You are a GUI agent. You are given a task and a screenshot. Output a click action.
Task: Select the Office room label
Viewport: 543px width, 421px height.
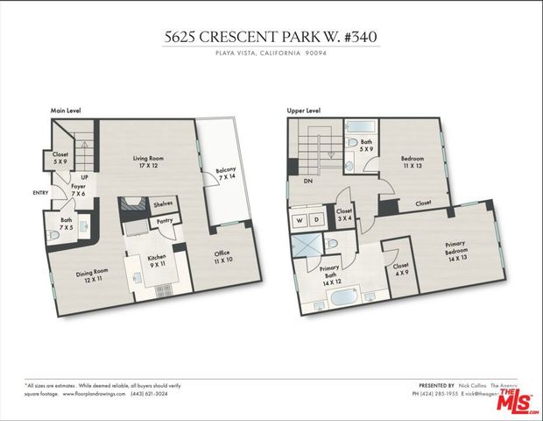[x=222, y=258]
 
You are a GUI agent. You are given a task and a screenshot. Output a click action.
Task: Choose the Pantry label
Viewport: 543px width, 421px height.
[x=164, y=221]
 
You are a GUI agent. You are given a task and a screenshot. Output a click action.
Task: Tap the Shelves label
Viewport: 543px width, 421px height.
[x=163, y=203]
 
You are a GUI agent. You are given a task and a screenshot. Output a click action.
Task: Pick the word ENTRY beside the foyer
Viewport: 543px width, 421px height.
[x=41, y=193]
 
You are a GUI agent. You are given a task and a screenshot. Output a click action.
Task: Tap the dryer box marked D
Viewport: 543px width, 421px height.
[x=317, y=219]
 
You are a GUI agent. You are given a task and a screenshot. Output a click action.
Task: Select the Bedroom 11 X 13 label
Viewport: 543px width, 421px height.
[x=412, y=162]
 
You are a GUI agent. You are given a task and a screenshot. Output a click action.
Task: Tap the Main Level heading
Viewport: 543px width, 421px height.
[x=65, y=111]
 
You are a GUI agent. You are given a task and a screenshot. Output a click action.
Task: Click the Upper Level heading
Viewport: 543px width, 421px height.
[x=303, y=111]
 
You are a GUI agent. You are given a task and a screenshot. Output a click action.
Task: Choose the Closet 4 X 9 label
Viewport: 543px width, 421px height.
[x=401, y=268]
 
